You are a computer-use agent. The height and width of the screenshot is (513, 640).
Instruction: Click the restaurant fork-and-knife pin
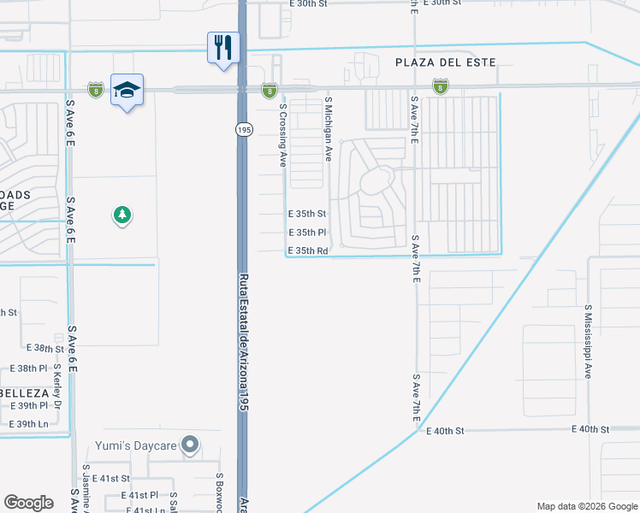(x=222, y=48)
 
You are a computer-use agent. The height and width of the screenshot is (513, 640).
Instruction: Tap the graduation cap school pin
(x=126, y=90)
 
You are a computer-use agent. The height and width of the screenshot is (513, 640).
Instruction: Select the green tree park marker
(x=122, y=215)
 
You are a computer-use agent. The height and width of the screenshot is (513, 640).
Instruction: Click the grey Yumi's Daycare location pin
(x=190, y=445)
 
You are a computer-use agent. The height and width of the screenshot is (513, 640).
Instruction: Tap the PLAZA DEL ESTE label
(x=445, y=62)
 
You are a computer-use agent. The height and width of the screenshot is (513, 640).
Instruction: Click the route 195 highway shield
(x=244, y=129)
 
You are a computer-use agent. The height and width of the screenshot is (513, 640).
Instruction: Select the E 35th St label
(x=307, y=214)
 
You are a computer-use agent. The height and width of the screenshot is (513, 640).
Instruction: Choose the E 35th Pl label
(x=307, y=233)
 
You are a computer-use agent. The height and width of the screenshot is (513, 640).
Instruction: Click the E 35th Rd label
(x=308, y=251)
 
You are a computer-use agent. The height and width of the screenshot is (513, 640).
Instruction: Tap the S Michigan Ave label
(x=328, y=129)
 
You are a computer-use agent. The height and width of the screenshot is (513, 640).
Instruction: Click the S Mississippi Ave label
(x=589, y=342)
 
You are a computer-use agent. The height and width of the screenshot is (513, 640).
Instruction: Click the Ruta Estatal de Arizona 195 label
(x=243, y=343)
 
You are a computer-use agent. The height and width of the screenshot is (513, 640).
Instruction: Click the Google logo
(x=29, y=503)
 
